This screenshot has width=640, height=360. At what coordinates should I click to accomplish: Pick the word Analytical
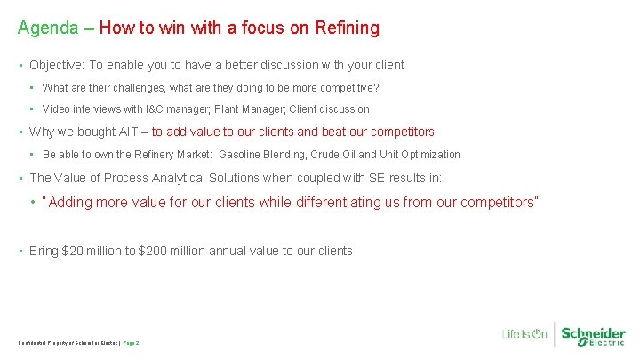click(x=185, y=178)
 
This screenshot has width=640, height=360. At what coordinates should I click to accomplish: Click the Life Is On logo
click(x=524, y=334)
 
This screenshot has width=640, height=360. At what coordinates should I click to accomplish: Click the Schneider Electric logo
click(x=594, y=334)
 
